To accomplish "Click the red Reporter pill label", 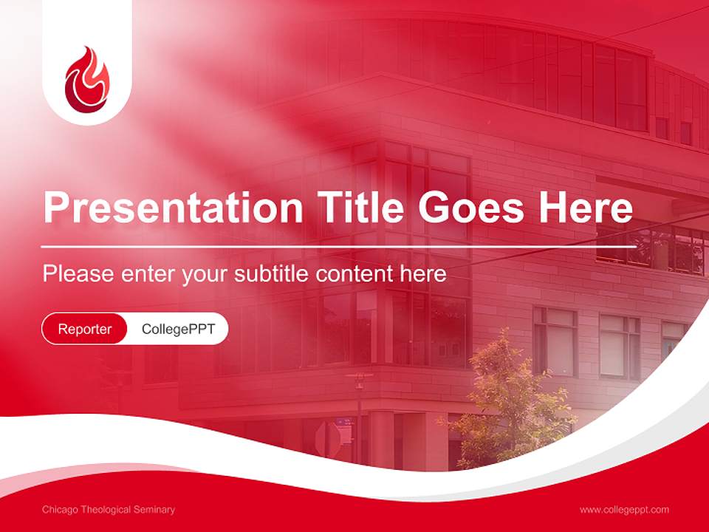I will tap(85, 329).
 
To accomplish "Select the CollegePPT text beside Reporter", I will tap(178, 329).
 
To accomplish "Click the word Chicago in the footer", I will tap(61, 510).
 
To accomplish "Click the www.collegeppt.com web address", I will tap(624, 510).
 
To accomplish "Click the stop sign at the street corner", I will tap(328, 439).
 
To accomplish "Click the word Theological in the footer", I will tap(107, 510).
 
